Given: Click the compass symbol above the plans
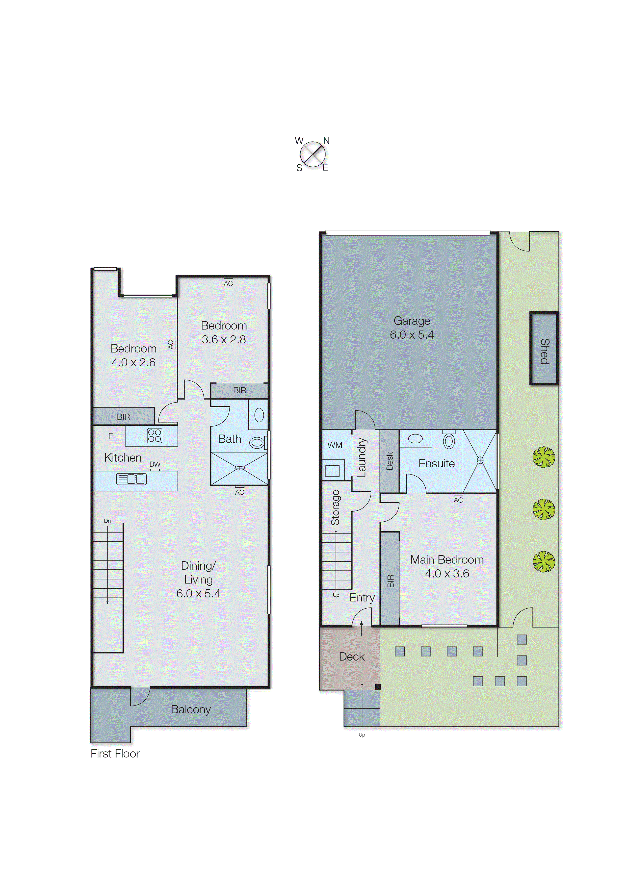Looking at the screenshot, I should coord(312,155).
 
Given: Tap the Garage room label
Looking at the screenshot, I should coord(412,321).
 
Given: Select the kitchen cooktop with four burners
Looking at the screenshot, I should coord(154,436).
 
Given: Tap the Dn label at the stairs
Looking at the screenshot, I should coord(107,521).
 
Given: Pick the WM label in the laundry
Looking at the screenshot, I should coord(335,445).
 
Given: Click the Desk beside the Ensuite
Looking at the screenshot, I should coord(389,461).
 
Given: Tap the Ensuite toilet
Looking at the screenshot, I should coord(449,441).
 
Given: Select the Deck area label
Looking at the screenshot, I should coord(352,656).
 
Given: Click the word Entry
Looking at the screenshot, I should coord(362,598).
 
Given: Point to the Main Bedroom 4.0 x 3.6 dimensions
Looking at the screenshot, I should coord(447,574).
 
